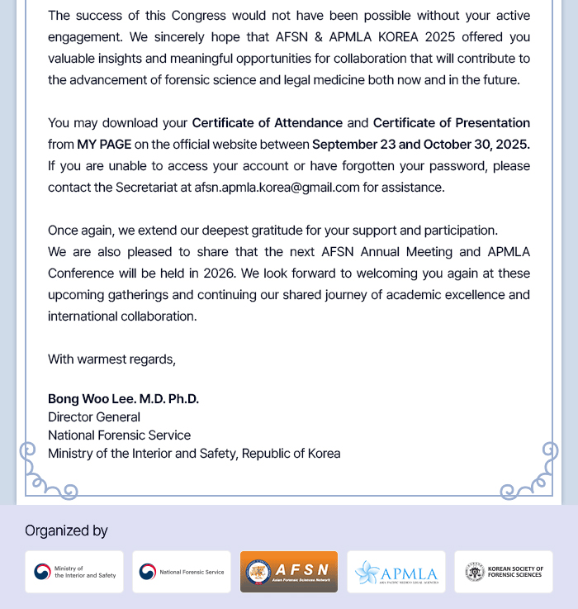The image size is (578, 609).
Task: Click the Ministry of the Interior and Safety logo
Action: tap(74, 572)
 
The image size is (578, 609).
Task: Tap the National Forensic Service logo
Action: tap(182, 572)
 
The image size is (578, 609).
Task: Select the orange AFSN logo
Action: tap(289, 572)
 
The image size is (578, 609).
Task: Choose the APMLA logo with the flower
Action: tap(396, 572)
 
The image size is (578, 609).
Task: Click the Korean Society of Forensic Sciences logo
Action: tap(504, 572)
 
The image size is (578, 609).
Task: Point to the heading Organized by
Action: tap(66, 530)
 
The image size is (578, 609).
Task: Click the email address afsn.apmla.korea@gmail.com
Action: tap(277, 188)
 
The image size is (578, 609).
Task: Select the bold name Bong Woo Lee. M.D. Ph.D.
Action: tap(123, 399)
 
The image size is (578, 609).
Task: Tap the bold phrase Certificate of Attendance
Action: tap(267, 123)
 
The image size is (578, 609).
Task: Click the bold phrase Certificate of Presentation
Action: tap(451, 123)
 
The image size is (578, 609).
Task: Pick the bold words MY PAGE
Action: tap(104, 145)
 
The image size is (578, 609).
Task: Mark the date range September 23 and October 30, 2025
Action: tap(420, 145)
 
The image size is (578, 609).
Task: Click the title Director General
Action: tap(94, 417)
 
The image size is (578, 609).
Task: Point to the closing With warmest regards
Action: tap(111, 359)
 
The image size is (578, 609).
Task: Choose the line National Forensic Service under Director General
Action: tap(119, 435)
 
